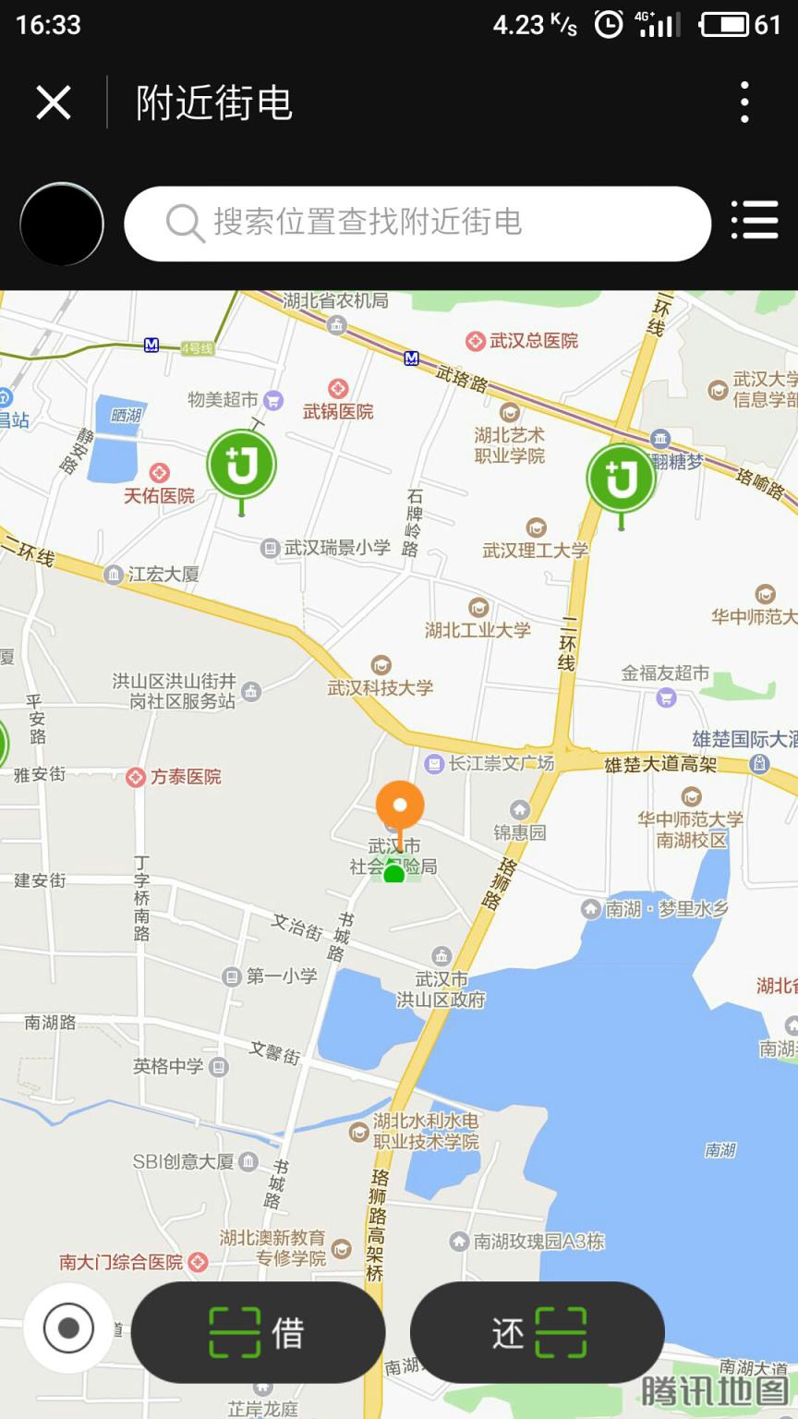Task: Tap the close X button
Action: click(54, 103)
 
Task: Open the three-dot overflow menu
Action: click(744, 103)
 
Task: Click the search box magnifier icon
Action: click(185, 224)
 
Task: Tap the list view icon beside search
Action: click(755, 222)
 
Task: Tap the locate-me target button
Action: click(68, 1328)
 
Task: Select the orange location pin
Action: click(400, 806)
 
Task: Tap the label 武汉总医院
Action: click(533, 341)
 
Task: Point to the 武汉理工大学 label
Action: click(535, 550)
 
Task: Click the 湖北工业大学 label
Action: click(478, 630)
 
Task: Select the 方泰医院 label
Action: click(185, 777)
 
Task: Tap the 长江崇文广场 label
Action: click(501, 763)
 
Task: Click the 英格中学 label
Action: click(168, 1067)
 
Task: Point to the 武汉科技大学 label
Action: click(380, 687)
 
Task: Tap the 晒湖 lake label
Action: click(127, 416)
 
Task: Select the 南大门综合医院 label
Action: click(122, 1262)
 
